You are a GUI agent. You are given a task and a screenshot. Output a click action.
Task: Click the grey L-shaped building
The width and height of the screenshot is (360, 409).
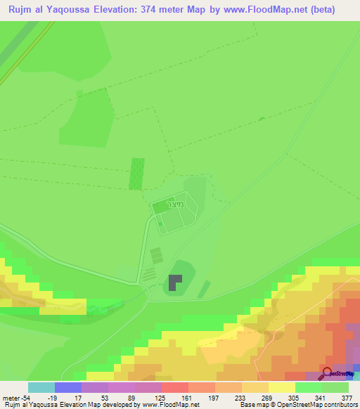click(x=175, y=283)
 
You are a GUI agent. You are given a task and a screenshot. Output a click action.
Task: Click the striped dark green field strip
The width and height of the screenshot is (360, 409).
click(x=136, y=173)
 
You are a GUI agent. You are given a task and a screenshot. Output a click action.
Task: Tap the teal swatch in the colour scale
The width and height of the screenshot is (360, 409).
click(x=41, y=387)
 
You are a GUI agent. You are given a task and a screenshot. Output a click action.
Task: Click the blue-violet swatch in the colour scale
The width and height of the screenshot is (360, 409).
click(x=68, y=387)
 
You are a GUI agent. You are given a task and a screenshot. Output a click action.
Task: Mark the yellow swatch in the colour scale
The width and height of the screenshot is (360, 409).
click(x=282, y=387)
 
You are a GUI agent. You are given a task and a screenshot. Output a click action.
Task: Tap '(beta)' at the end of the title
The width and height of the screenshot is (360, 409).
click(x=320, y=10)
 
